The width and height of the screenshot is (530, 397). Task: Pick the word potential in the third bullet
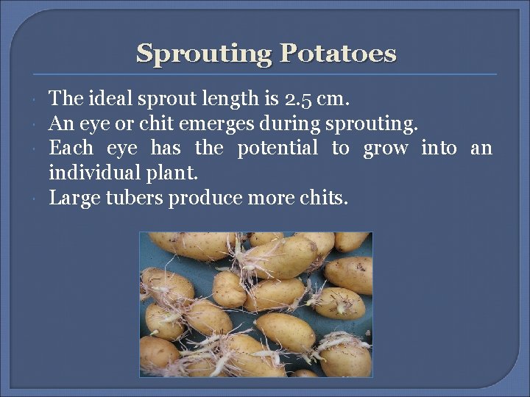(x=278, y=149)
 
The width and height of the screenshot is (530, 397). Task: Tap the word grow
(x=386, y=149)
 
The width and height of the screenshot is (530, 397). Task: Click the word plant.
(x=177, y=174)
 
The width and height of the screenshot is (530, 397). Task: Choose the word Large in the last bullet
(x=71, y=198)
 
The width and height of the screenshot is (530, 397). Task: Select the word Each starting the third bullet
(x=71, y=149)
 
